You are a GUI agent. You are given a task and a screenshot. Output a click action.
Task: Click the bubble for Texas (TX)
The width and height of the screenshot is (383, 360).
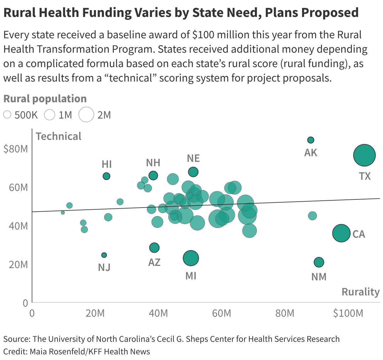tap(364, 155)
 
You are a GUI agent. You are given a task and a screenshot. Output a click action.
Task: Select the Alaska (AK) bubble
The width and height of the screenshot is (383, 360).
tap(310, 140)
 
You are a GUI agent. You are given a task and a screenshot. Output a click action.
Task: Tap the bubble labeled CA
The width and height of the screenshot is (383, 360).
tap(341, 233)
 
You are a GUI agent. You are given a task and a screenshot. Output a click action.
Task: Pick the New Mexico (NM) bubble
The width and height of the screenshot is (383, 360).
tap(319, 262)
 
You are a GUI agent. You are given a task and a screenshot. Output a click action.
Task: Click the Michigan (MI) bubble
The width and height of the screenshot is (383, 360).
tap(191, 258)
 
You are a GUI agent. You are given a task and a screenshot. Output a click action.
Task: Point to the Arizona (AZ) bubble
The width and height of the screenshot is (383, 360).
tap(154, 248)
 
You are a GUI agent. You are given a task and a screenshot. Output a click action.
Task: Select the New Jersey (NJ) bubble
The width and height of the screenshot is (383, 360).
tap(104, 255)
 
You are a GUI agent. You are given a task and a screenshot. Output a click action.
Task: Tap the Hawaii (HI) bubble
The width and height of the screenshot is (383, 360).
tap(106, 176)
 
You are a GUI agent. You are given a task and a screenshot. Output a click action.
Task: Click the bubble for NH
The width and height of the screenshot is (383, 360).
tap(153, 176)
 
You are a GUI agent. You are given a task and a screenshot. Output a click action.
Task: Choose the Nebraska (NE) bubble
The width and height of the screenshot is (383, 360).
tap(193, 172)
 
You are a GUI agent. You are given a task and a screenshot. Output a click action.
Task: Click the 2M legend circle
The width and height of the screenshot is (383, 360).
tap(86, 114)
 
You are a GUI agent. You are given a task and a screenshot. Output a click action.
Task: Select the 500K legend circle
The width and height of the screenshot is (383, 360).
tap(7, 115)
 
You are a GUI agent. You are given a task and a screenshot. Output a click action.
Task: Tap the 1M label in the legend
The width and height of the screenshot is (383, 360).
tap(65, 115)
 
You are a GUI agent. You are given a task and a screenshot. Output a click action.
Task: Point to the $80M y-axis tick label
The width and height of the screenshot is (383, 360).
tap(16, 149)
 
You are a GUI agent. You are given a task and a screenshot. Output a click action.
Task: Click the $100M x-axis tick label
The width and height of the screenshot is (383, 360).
tap(348, 313)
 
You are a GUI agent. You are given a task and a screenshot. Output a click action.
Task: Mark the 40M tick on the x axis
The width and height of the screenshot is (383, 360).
tap(158, 313)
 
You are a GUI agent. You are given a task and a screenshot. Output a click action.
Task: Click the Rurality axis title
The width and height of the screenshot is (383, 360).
tap(360, 292)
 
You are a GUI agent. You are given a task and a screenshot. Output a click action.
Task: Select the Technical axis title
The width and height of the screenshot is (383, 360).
tap(58, 136)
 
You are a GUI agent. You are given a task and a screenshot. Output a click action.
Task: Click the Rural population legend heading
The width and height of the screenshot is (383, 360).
tap(45, 98)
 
